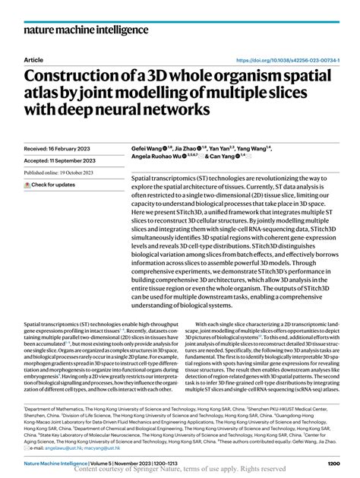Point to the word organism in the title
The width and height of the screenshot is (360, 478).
[253, 77]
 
